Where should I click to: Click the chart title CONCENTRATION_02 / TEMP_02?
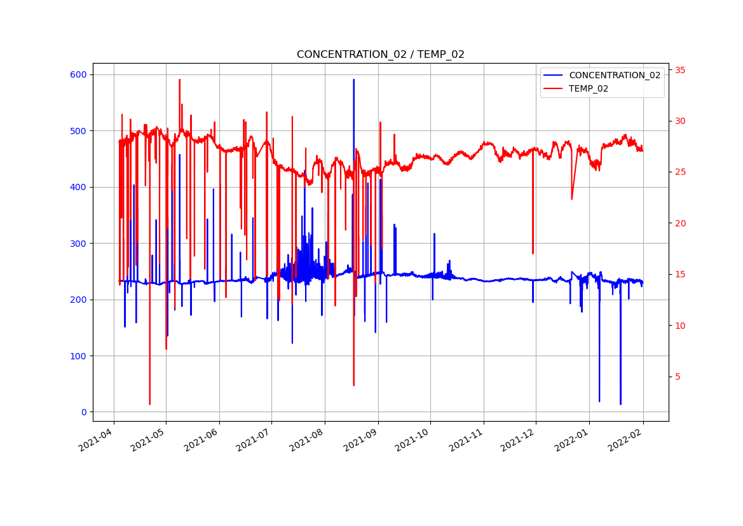pyautogui.click(x=380, y=55)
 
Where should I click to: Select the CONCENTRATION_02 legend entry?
pyautogui.click(x=614, y=75)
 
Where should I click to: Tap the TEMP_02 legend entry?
pyautogui.click(x=588, y=89)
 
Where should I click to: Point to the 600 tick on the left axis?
pyautogui.click(x=79, y=74)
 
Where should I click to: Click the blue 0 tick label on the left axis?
pyautogui.click(x=84, y=412)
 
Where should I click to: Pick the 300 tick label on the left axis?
pyautogui.click(x=79, y=244)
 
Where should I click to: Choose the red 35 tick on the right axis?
pyautogui.click(x=680, y=70)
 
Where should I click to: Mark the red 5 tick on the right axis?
pyautogui.click(x=678, y=377)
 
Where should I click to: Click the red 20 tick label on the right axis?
pyautogui.click(x=680, y=223)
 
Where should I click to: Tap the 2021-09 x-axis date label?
pyautogui.click(x=361, y=440)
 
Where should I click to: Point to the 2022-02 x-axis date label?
pyautogui.click(x=625, y=440)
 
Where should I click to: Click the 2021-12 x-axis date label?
pyautogui.click(x=519, y=440)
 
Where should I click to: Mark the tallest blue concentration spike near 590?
pyautogui.click(x=354, y=80)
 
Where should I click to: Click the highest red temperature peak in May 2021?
pyautogui.click(x=180, y=80)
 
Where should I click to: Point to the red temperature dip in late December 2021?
pyautogui.click(x=571, y=198)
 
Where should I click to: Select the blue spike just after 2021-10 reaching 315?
pyautogui.click(x=434, y=234)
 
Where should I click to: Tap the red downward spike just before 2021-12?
pyautogui.click(x=533, y=253)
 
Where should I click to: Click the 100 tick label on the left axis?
pyautogui.click(x=79, y=356)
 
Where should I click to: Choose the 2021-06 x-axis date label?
pyautogui.click(x=202, y=440)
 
